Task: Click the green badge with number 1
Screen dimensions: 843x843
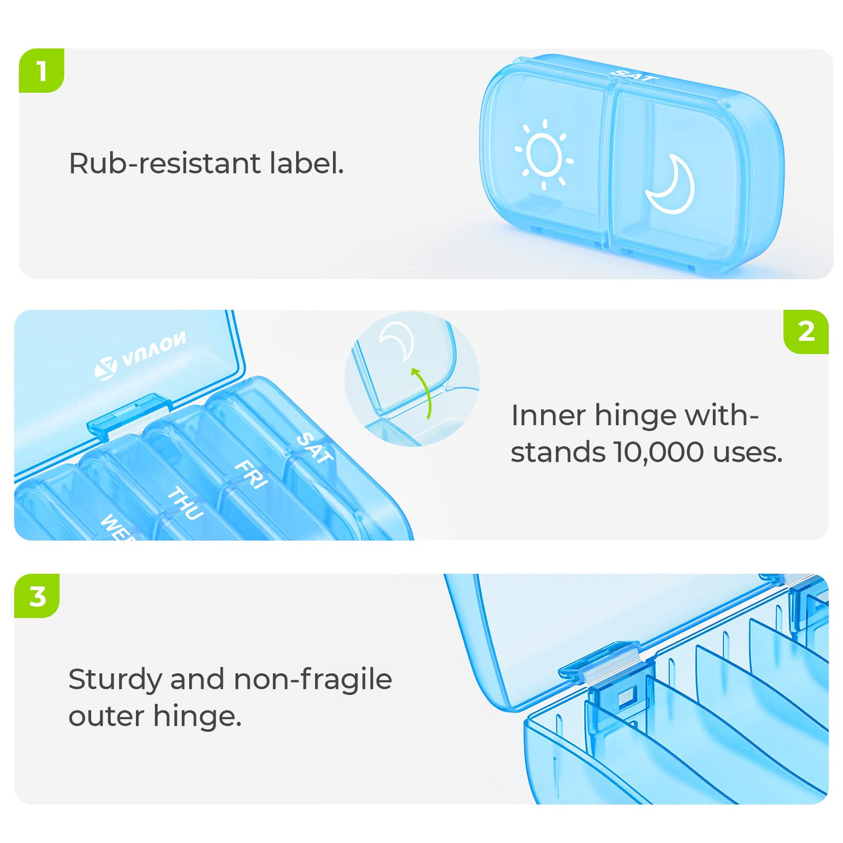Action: [x=42, y=70]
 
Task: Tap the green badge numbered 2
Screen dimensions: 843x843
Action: [x=806, y=332]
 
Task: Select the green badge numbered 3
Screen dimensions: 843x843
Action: [x=37, y=596]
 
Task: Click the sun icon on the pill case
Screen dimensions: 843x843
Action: [x=544, y=154]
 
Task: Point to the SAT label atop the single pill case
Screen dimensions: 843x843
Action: [x=634, y=75]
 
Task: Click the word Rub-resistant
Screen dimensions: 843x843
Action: [x=164, y=164]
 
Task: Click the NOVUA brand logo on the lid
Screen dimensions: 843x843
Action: [x=140, y=355]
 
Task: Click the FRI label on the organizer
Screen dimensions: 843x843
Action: [x=250, y=474]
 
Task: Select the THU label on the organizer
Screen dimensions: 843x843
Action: [x=185, y=503]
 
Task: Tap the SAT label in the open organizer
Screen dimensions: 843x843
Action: [x=314, y=447]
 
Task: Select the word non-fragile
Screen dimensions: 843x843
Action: [x=313, y=681]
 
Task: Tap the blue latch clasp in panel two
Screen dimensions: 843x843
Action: [x=129, y=414]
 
